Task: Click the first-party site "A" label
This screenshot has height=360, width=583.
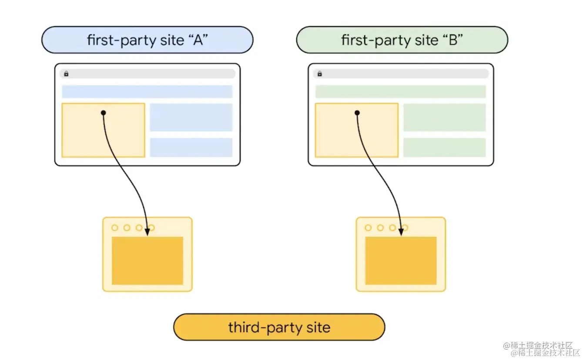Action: (147, 40)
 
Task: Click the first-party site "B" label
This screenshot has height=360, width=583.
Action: (402, 40)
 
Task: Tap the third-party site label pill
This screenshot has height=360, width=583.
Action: (279, 327)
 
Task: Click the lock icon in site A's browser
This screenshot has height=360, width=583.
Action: (66, 74)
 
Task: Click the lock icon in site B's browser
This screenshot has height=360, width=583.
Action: (320, 74)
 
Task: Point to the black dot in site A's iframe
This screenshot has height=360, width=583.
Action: (103, 113)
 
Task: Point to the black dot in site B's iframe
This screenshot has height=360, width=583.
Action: (357, 113)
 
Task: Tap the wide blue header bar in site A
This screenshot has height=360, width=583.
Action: (147, 92)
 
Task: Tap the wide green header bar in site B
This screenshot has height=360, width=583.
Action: (400, 92)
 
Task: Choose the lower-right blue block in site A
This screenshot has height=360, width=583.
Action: (191, 147)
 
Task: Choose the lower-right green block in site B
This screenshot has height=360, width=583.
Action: (444, 147)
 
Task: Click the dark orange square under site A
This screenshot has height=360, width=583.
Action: (147, 261)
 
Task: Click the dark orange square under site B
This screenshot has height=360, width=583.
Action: (401, 261)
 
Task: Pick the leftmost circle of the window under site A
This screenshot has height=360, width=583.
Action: (115, 228)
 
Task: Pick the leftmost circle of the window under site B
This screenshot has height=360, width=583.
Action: (368, 228)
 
